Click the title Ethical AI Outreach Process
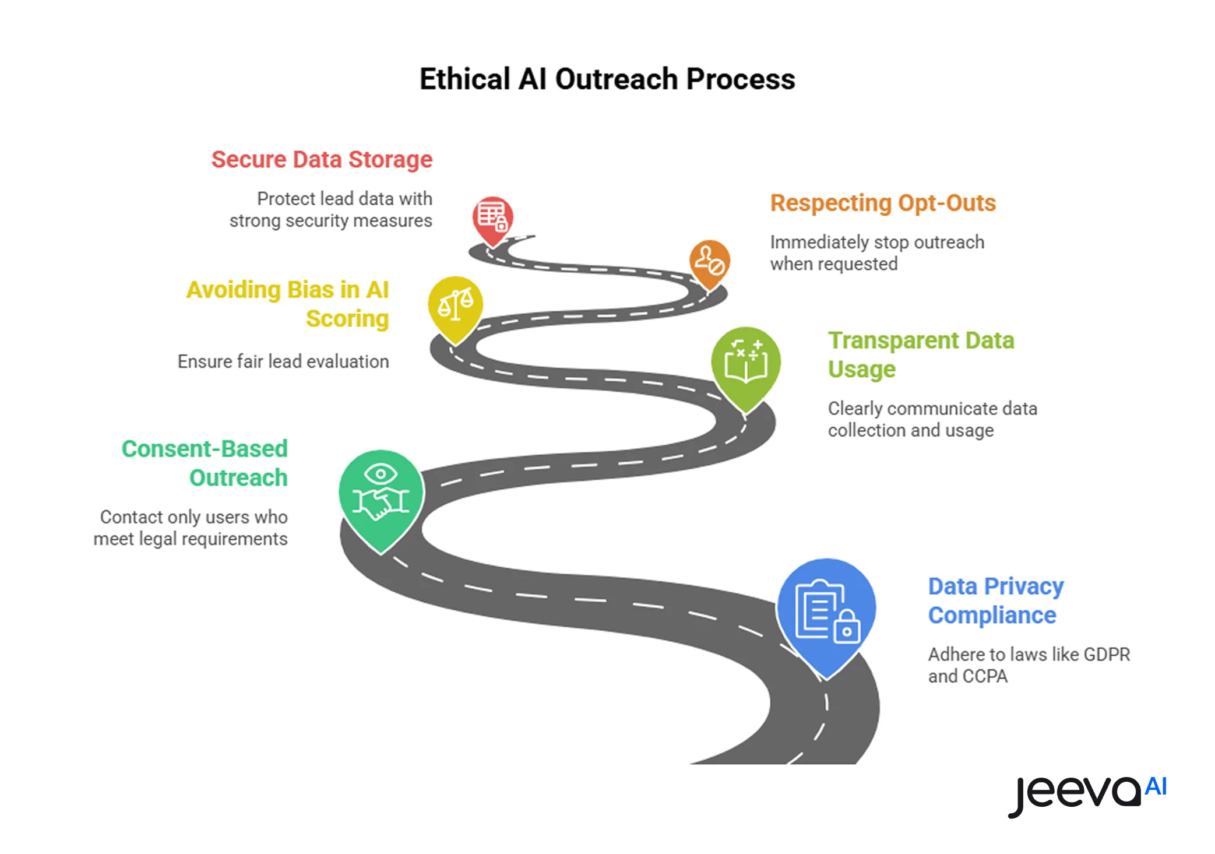607,79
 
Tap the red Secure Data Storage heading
322,160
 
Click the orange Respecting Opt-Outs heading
883,203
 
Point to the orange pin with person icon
709,262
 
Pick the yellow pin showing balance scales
455,304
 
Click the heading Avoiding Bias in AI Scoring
288,304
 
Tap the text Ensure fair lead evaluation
283,361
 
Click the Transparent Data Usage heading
921,354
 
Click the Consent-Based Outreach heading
205,463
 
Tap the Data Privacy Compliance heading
995,600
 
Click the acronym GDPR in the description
1106,655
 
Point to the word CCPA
985,676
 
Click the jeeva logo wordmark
1075,794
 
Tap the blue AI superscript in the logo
1156,786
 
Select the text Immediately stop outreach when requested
877,253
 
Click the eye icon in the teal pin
381,474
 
